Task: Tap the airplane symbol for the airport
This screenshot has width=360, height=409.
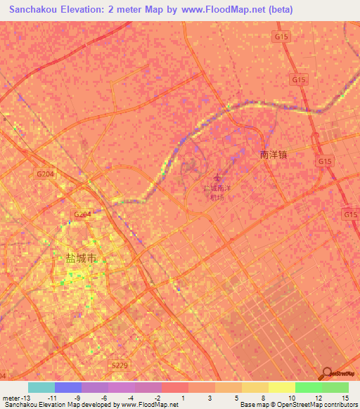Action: [x=217, y=178]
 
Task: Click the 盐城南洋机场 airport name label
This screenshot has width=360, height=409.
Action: [x=217, y=193]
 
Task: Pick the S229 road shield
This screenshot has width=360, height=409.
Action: [x=120, y=365]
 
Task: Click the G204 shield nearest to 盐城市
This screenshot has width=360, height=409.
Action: [x=82, y=214]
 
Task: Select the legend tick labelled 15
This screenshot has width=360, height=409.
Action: [x=345, y=397]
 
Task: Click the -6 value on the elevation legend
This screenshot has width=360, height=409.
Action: [x=103, y=397]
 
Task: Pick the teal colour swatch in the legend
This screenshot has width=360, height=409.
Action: [x=41, y=387]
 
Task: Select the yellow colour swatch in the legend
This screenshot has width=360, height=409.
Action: [x=281, y=387]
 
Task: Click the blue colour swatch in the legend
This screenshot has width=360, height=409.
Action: [x=68, y=387]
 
